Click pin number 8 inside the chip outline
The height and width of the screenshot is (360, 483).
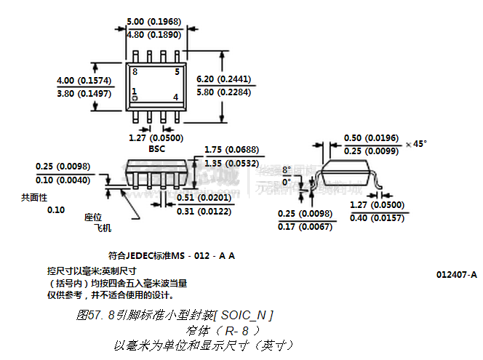tap(135, 72)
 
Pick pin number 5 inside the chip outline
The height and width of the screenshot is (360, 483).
tap(177, 72)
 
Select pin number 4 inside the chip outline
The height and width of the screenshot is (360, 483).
tap(175, 97)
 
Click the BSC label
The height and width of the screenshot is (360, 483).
tap(156, 149)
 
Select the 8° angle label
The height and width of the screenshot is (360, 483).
tap(286, 169)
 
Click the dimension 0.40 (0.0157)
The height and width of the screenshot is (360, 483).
tap(378, 218)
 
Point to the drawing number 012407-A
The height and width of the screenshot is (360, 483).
tap(457, 274)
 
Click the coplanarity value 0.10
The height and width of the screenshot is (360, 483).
tap(56, 210)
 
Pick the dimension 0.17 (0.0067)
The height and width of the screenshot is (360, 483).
tap(306, 227)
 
